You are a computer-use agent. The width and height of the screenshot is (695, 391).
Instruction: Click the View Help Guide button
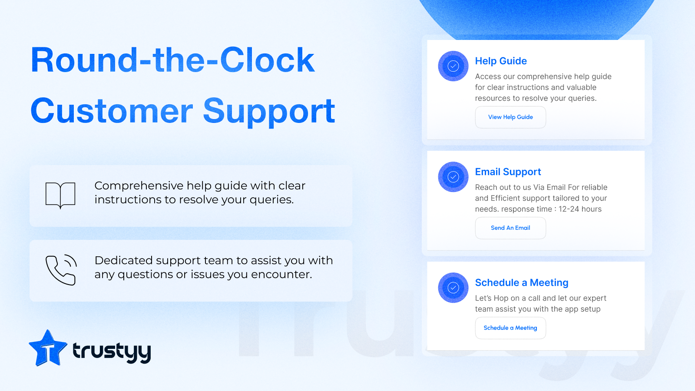tap(510, 117)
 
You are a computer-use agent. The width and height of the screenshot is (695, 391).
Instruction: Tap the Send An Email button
tap(510, 228)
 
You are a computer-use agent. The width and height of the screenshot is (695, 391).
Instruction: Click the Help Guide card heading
tap(501, 61)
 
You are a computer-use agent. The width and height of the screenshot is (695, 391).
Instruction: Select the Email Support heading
tap(508, 172)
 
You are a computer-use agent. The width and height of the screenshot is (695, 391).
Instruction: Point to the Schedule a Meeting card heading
tap(522, 283)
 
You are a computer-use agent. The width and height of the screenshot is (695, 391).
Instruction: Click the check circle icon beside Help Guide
tap(453, 66)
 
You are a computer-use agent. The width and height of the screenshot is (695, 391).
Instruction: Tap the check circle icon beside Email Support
tap(453, 177)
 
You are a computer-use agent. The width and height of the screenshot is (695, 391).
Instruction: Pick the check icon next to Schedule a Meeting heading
tap(453, 288)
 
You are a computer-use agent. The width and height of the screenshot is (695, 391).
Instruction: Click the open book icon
tap(60, 195)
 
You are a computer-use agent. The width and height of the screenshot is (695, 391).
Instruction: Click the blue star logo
tap(48, 348)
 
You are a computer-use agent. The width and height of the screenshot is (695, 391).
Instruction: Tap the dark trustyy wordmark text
tap(112, 352)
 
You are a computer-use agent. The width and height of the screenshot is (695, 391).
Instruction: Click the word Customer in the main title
tap(112, 111)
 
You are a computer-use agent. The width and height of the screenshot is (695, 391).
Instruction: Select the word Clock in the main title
tap(267, 60)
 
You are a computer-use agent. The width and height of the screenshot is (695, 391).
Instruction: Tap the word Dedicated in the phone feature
tap(123, 260)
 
